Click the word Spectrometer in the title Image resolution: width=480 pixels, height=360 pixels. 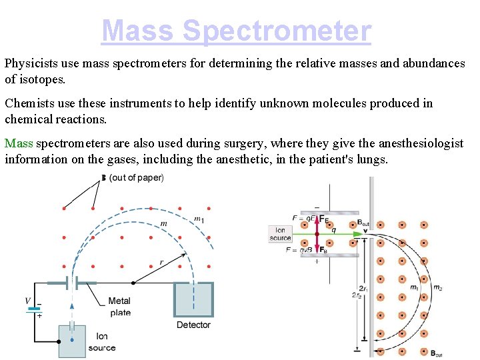click(x=276, y=31)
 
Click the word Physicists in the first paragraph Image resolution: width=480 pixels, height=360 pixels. click(x=31, y=63)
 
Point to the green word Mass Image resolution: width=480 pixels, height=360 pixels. click(x=19, y=143)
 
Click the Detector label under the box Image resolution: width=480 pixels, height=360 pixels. click(x=193, y=325)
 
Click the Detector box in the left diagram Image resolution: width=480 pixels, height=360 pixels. click(x=193, y=299)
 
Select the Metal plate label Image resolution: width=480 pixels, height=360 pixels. click(x=119, y=307)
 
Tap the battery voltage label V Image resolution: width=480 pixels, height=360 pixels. click(x=28, y=301)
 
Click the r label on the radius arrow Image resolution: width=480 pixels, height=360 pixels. click(x=161, y=262)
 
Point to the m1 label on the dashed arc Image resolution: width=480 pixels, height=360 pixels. click(x=199, y=218)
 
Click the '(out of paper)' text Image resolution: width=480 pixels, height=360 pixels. click(x=137, y=177)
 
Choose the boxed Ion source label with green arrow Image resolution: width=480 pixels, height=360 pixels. click(x=280, y=233)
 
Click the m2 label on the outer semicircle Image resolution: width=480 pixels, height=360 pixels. click(x=437, y=287)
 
